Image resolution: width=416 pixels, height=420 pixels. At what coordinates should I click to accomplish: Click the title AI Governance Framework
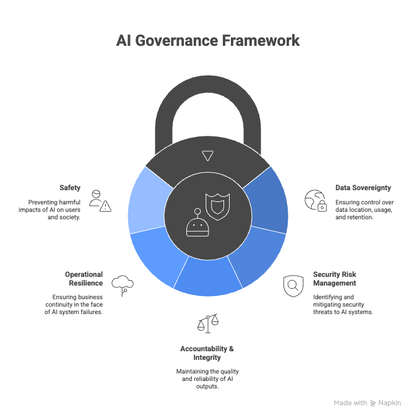point(208,41)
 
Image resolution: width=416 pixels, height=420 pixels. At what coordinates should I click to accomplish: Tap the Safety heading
point(69,187)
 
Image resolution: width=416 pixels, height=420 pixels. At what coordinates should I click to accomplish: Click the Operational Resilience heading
point(84,278)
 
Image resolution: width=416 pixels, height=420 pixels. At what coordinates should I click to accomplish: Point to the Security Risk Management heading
point(335,278)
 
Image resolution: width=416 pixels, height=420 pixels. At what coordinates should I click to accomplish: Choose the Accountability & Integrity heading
point(207,353)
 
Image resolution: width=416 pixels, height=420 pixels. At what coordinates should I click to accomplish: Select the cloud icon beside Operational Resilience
point(123,286)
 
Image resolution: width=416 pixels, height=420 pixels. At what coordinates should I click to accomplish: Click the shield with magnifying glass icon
point(293,286)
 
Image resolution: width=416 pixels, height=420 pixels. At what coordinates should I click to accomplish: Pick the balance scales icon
point(208,323)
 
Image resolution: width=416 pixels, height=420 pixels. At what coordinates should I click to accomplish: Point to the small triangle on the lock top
point(207,155)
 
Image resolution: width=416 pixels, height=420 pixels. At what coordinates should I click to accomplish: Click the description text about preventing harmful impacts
point(54,209)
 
